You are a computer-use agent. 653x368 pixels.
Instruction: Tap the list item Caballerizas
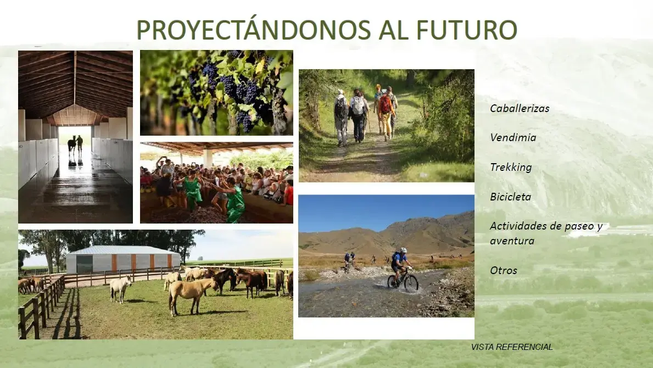click(520, 108)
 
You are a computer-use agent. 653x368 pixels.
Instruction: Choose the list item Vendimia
click(512, 137)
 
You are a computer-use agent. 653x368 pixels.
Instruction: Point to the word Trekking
click(511, 168)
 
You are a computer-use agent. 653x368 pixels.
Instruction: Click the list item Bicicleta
click(510, 197)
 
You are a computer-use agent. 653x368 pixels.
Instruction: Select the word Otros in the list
click(504, 271)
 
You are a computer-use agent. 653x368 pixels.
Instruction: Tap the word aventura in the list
click(512, 241)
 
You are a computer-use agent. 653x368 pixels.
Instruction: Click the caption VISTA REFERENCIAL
click(512, 347)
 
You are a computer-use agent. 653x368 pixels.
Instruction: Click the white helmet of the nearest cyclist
click(403, 250)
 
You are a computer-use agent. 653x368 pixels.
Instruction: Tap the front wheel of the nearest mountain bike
click(411, 283)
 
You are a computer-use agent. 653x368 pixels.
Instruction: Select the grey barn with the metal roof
click(123, 259)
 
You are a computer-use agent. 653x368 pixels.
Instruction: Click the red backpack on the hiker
click(385, 104)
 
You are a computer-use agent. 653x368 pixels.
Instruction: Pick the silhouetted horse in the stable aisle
click(72, 146)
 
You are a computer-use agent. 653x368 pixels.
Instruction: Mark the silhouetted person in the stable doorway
click(80, 144)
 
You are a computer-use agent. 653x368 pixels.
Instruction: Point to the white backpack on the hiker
click(358, 105)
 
